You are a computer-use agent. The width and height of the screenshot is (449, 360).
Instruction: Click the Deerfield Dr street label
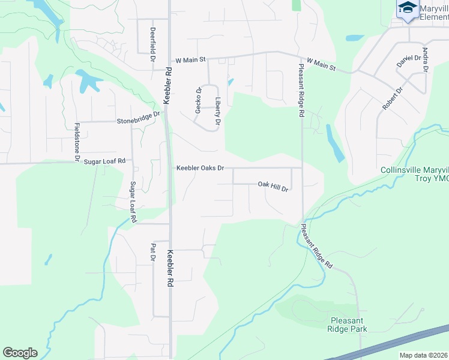(153, 43)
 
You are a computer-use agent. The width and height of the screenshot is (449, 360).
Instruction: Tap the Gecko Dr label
(197, 99)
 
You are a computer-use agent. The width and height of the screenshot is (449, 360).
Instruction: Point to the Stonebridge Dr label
(139, 117)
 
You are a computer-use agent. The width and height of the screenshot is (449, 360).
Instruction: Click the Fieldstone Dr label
(77, 142)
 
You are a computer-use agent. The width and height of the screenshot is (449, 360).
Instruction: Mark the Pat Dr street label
(153, 253)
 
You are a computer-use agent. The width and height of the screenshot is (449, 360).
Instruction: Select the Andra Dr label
(425, 60)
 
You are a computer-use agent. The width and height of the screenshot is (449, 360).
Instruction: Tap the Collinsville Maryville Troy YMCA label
(414, 174)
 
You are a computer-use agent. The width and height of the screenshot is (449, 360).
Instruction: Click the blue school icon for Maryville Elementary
(408, 8)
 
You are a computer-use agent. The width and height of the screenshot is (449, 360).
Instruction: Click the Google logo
(20, 353)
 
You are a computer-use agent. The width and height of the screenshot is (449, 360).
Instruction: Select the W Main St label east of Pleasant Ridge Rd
(321, 64)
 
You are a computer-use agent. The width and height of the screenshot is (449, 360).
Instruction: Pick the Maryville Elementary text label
(433, 13)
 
